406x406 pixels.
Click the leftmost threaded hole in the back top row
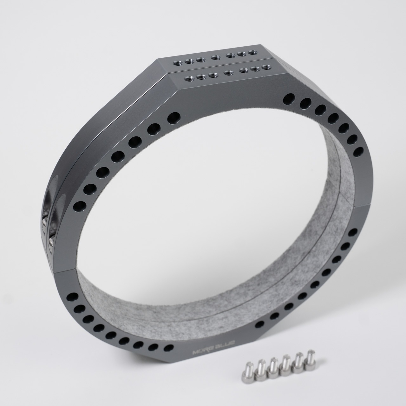(176, 63)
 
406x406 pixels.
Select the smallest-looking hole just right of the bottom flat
(259, 324)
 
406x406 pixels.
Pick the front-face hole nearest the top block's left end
(173, 118)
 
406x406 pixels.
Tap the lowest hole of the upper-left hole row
(78, 207)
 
